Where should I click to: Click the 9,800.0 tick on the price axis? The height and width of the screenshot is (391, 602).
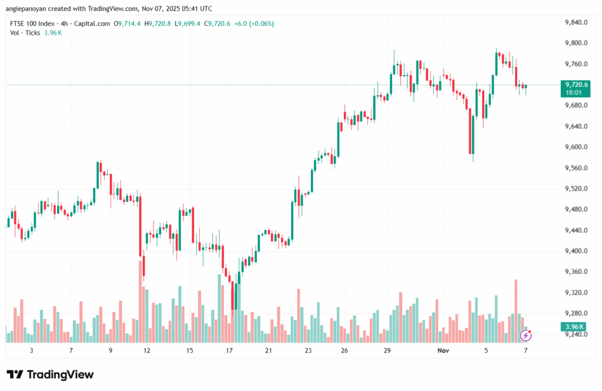click(x=576, y=44)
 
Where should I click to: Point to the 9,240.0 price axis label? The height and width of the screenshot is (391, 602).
click(x=576, y=334)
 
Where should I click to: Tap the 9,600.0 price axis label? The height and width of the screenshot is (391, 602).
click(x=576, y=147)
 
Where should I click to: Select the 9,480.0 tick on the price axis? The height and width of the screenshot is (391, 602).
click(x=576, y=209)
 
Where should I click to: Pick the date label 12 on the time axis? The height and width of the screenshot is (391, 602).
click(x=147, y=350)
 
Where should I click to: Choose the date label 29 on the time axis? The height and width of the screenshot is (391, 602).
click(x=387, y=350)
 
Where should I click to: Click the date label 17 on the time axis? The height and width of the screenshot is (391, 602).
click(x=229, y=350)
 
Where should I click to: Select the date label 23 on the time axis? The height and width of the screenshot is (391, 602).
click(x=307, y=350)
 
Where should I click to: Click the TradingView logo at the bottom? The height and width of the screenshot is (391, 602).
click(x=50, y=375)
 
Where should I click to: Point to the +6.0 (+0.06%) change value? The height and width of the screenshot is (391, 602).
click(x=253, y=24)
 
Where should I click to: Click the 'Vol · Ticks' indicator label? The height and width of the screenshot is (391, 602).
click(x=25, y=32)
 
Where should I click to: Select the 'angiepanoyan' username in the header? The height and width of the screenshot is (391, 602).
click(x=29, y=9)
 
